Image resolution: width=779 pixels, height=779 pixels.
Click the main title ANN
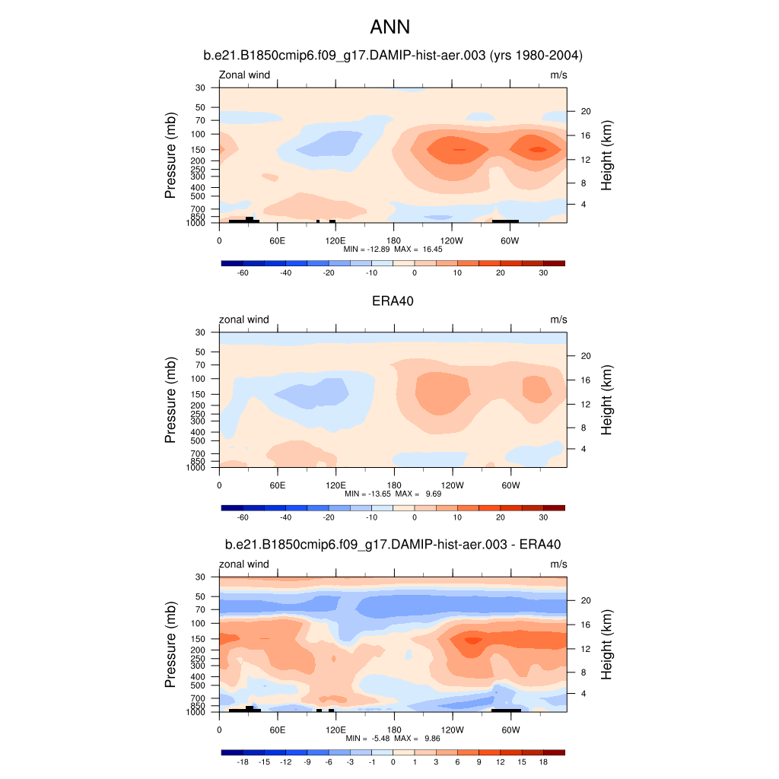tap(389, 27)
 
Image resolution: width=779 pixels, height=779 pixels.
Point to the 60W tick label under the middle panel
tap(510, 485)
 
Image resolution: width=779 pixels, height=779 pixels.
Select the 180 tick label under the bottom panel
tap(394, 729)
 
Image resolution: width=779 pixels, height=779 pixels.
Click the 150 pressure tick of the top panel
tap(199, 149)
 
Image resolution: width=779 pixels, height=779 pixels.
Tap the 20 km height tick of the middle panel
tap(586, 356)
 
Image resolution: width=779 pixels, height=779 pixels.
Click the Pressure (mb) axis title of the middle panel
tap(171, 399)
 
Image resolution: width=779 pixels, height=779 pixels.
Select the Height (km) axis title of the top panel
tap(606, 155)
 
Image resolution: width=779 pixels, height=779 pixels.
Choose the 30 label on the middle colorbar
tap(543, 517)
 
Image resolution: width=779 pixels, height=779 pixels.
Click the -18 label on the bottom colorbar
tap(243, 762)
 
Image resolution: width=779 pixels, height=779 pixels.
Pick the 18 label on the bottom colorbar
tap(543, 762)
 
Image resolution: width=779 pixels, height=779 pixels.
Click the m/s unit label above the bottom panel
tap(558, 564)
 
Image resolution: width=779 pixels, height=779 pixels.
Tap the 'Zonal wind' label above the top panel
tap(244, 75)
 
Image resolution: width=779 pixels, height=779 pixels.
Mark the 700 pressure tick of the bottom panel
tap(199, 698)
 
